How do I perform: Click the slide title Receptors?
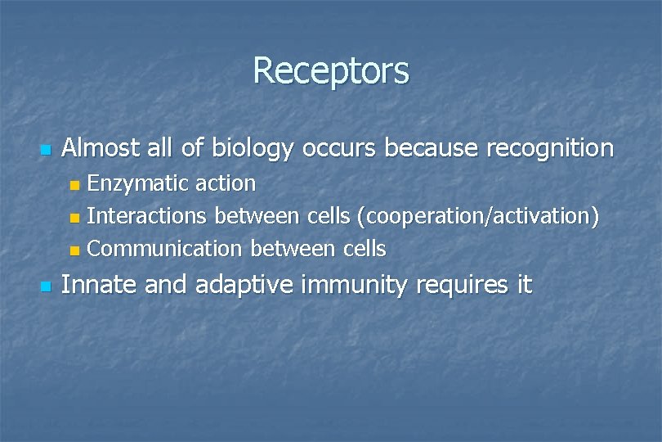click(330, 70)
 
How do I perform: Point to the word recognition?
click(549, 149)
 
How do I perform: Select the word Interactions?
click(147, 216)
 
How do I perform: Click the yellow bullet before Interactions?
click(75, 218)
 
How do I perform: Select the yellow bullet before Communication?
click(75, 250)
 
